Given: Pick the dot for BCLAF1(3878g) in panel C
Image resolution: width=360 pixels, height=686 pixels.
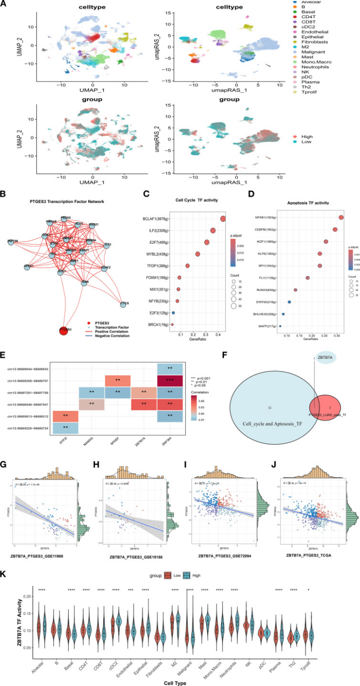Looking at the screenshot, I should click(x=223, y=219).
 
